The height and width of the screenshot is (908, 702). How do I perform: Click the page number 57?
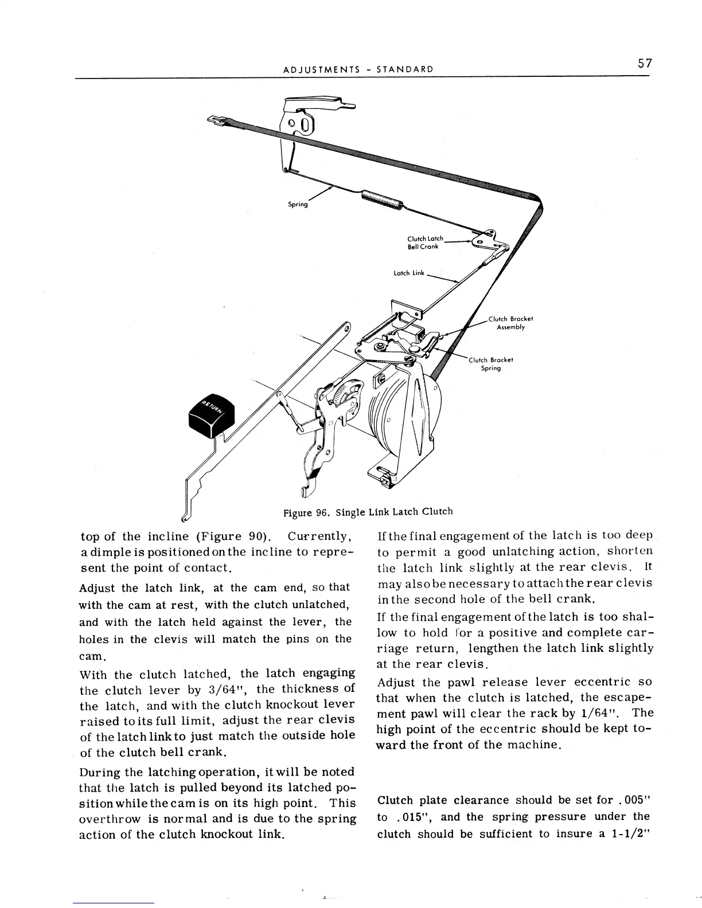tap(645, 63)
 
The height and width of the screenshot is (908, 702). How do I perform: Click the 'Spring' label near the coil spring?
tap(298, 205)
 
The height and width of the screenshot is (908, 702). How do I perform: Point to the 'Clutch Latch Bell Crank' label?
tap(425, 242)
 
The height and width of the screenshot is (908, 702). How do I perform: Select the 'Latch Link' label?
tap(408, 273)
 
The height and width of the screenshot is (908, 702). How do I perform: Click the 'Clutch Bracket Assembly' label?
tap(510, 323)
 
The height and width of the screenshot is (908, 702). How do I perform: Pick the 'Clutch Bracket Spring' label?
tap(491, 364)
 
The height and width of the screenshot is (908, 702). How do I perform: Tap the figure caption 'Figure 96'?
tap(305, 512)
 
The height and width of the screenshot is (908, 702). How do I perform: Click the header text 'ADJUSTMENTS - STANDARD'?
tap(358, 70)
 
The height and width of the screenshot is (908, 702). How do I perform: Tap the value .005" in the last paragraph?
tap(630, 800)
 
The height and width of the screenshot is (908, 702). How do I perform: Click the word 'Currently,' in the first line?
tap(319, 537)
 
